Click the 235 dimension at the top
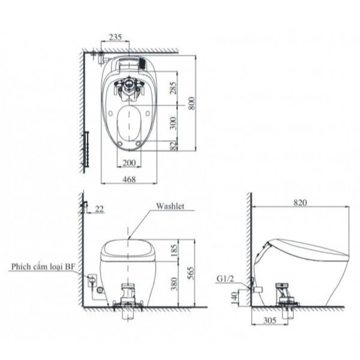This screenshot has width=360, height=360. pos(116,37)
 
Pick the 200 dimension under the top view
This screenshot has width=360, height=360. pos(129,163)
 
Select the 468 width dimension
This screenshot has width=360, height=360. pos(129,179)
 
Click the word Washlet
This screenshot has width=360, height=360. pos(170,206)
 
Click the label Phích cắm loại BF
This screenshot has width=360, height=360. pos(45,267)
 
